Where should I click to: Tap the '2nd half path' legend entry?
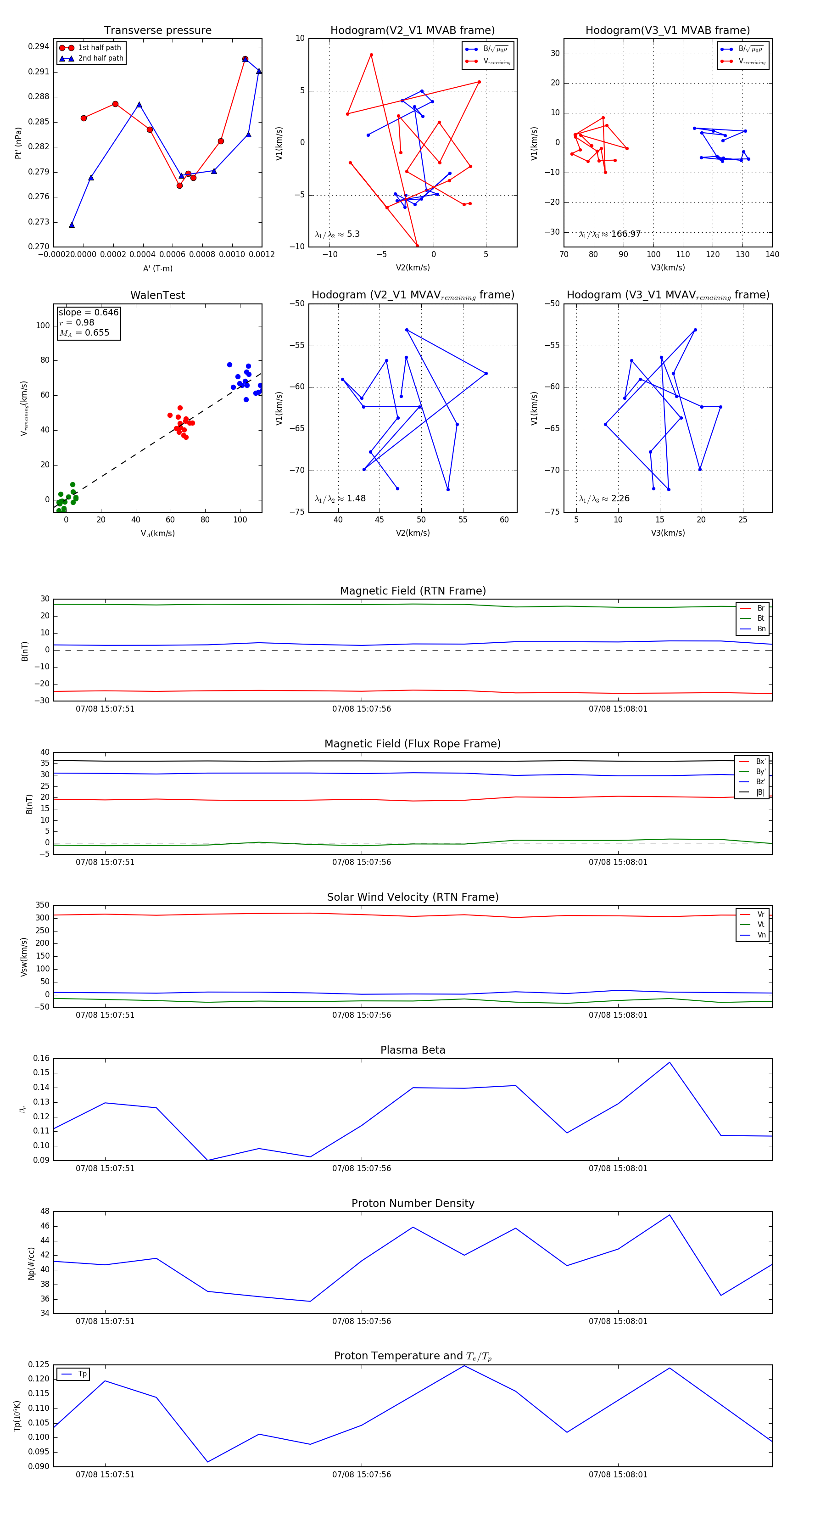pyautogui.click(x=100, y=58)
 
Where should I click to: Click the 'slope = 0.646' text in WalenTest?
pyautogui.click(x=88, y=312)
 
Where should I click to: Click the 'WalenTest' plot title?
pyautogui.click(x=157, y=295)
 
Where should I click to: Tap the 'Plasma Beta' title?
pyautogui.click(x=413, y=1050)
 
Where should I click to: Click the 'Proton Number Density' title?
pyautogui.click(x=413, y=1203)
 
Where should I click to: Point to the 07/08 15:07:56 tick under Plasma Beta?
pyautogui.click(x=362, y=1168)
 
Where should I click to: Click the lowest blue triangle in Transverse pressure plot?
pyautogui.click(x=72, y=224)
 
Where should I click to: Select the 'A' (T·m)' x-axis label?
pyautogui.click(x=157, y=268)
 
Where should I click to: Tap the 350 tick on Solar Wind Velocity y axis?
pyautogui.click(x=42, y=905)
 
